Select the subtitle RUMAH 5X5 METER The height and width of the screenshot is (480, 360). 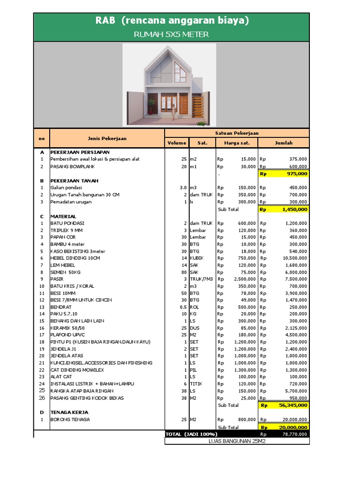click(x=171, y=34)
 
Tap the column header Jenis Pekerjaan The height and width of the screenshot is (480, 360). click(x=107, y=138)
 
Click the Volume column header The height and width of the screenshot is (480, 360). click(x=176, y=143)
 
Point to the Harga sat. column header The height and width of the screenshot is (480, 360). click(x=236, y=143)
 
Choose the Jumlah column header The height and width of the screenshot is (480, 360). click(x=284, y=143)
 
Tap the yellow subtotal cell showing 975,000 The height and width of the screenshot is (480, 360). click(x=284, y=173)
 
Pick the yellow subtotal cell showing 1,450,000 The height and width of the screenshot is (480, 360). click(x=284, y=210)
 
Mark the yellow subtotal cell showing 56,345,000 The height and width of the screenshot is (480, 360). click(x=284, y=405)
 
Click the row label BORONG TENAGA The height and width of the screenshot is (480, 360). click(x=70, y=420)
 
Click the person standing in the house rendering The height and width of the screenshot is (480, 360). click(x=173, y=112)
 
